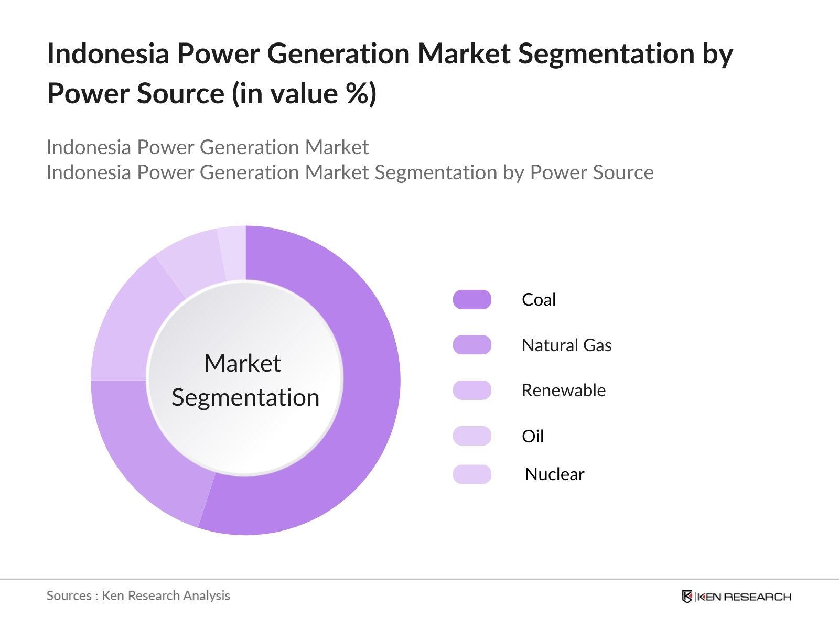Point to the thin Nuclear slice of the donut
point(233,253)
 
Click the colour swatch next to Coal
point(472,299)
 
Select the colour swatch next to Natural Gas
point(472,345)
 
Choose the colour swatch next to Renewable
point(472,391)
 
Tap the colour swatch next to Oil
point(472,436)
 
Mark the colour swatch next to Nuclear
point(472,474)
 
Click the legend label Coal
point(539,300)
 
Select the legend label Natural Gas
point(566,345)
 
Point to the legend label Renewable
point(564,391)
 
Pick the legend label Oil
point(532,436)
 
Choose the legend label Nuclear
point(555,474)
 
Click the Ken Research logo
point(737,597)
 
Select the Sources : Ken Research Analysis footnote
point(138,596)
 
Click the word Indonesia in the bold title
point(108,53)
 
